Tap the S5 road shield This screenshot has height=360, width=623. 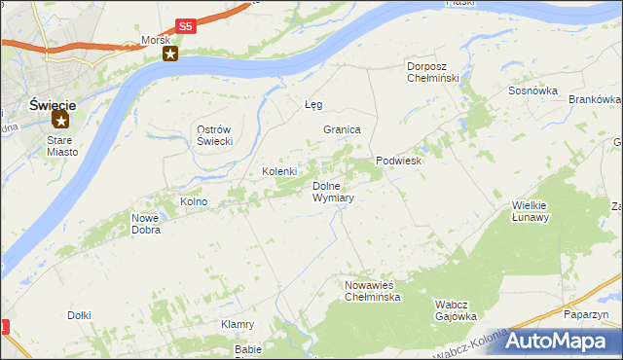[186, 27]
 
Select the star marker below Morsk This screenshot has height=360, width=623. [169, 54]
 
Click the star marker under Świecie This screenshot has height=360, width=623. [60, 121]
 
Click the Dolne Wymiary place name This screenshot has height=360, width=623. [332, 192]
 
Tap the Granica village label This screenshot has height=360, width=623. [343, 129]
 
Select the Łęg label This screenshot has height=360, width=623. [312, 104]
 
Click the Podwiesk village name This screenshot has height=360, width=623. [399, 162]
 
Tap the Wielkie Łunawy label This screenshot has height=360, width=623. [531, 211]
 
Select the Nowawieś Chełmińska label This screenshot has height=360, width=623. [372, 291]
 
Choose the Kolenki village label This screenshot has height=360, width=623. [279, 172]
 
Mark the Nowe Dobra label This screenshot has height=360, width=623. [145, 225]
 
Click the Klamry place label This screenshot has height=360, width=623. [238, 324]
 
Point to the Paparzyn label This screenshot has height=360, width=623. [586, 315]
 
